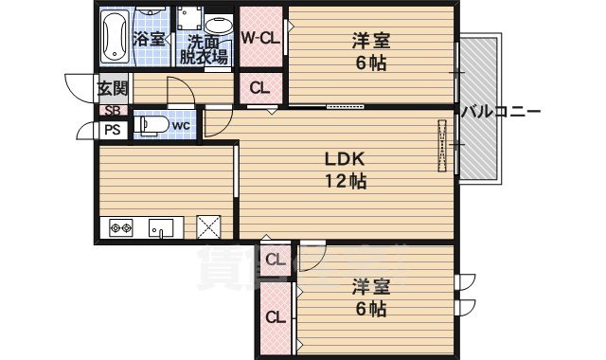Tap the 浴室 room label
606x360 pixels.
point(150,39)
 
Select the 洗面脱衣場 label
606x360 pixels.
point(205,48)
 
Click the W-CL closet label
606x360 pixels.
point(258,39)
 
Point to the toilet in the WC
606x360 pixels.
point(152,124)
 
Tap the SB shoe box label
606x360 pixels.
point(111,111)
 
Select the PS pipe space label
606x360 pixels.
point(112,131)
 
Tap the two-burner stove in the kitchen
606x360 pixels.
point(121,227)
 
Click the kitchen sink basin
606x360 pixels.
point(159,227)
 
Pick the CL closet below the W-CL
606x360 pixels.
point(258,88)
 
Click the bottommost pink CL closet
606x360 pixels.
point(276,317)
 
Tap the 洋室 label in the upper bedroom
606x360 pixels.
point(371,42)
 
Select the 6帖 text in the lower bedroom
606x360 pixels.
point(371,309)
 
